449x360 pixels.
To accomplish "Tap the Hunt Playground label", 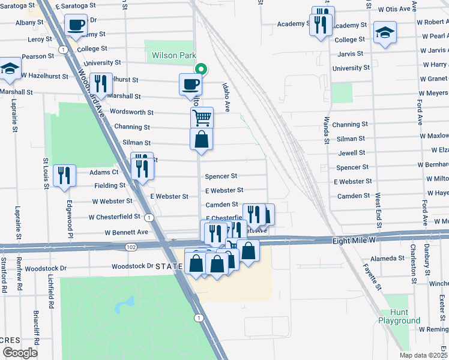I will (399, 317).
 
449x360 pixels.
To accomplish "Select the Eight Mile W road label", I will (354, 240).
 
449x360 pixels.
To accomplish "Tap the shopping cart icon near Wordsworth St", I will (202, 116).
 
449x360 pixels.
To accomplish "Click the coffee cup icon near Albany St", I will (76, 25).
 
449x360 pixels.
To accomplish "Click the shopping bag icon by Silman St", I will (202, 139).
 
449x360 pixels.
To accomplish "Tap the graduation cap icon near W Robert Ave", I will (385, 33).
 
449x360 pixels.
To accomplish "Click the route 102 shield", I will (131, 247).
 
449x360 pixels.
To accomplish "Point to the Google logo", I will (20, 353).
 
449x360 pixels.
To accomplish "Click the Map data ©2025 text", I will (423, 355).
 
